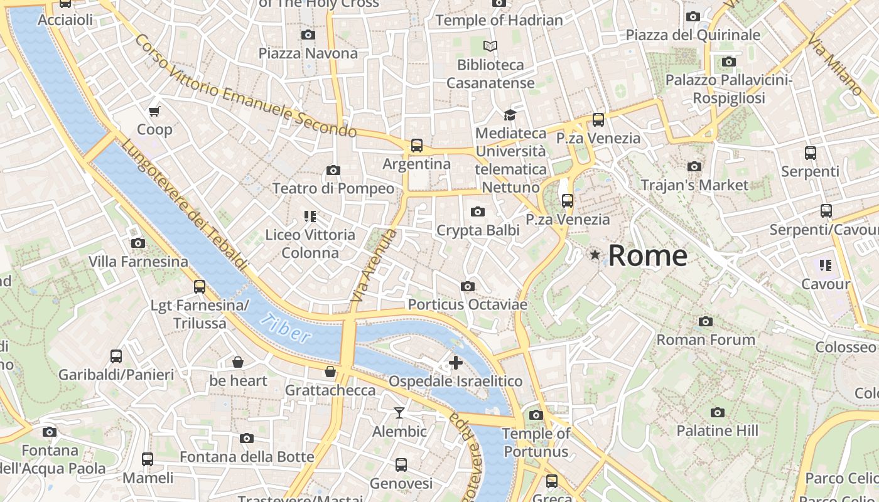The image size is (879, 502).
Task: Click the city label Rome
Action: point(647,255)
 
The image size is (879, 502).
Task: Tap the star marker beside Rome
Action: point(595,255)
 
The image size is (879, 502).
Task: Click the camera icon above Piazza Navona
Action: point(308,35)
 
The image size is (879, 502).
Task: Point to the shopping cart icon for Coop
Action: point(154,112)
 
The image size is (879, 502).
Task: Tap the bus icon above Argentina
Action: point(416,146)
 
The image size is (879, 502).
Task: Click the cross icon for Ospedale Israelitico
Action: point(456,363)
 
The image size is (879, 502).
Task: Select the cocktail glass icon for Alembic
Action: point(399,413)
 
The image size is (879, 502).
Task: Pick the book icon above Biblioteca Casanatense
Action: point(490,46)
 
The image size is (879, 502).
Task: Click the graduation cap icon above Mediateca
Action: point(509,115)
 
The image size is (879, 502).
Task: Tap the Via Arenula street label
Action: point(375,267)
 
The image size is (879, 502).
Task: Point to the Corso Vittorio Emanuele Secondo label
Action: point(245,87)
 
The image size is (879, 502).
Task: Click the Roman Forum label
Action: point(706,340)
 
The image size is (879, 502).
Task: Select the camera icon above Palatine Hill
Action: point(717,412)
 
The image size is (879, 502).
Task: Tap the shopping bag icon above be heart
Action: point(238,362)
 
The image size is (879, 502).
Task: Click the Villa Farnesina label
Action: point(138,262)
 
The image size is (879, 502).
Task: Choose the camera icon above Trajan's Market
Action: point(694,167)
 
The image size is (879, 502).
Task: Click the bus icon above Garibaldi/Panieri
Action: point(116,356)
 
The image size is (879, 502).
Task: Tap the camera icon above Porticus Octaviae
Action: point(467,287)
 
